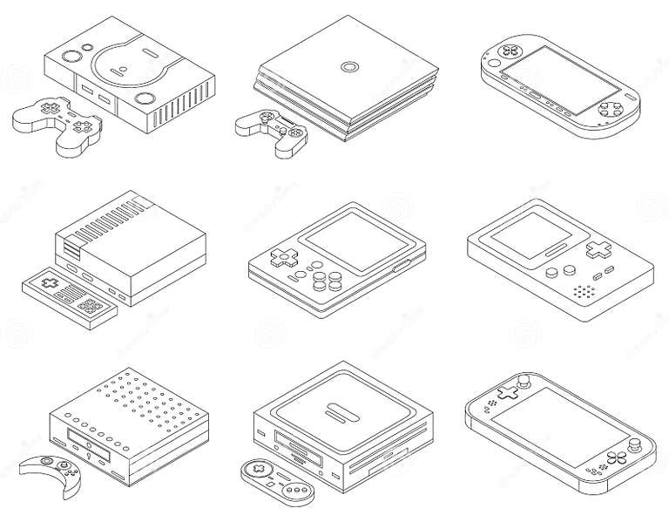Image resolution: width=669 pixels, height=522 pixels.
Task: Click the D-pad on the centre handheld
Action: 280,258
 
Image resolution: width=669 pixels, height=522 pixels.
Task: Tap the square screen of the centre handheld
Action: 348,234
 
